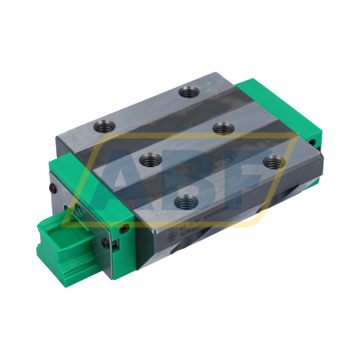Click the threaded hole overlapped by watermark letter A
(149, 159)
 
